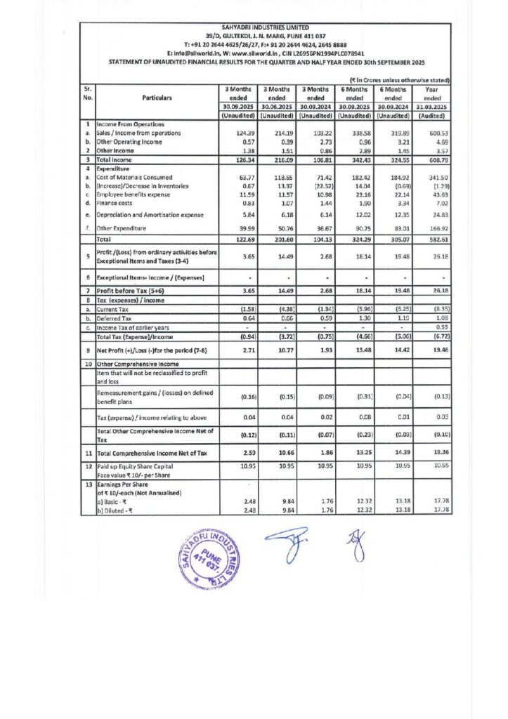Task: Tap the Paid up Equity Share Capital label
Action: (x=148, y=466)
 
